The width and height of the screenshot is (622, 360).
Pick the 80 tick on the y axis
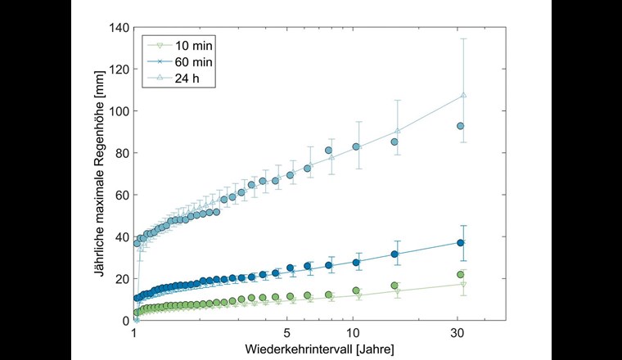pos(120,153)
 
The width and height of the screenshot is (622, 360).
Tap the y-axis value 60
pos(120,195)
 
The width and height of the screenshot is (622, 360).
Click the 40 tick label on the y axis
pos(120,236)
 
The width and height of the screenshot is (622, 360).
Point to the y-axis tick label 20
pos(120,279)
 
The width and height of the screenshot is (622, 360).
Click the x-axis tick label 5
pos(287,334)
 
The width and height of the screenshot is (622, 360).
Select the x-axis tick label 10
pos(354,334)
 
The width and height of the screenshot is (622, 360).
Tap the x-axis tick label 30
pos(459,334)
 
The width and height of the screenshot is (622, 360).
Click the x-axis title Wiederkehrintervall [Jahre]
pos(319,349)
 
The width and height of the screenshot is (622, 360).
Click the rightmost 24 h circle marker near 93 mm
pos(461,126)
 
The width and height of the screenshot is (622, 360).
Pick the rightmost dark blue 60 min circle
pos(461,242)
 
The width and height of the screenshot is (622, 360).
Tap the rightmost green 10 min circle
pos(461,274)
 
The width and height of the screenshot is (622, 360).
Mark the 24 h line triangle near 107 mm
pos(463,95)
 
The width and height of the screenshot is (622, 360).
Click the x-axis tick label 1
pos(133,334)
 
